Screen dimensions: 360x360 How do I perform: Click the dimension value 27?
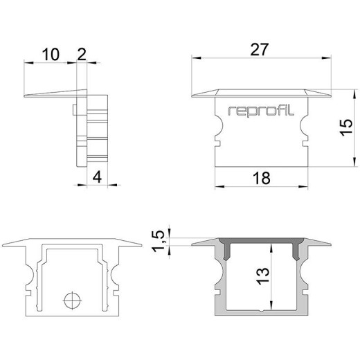(x=260, y=49)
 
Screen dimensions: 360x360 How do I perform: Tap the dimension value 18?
(x=262, y=178)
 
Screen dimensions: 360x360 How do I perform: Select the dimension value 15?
(x=346, y=127)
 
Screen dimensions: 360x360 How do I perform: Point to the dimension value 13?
(x=263, y=276)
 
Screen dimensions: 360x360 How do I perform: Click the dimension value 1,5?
(x=159, y=241)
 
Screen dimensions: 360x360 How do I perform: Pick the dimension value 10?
(x=51, y=55)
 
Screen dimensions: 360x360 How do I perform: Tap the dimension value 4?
(x=97, y=177)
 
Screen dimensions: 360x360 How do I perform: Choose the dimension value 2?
(x=82, y=55)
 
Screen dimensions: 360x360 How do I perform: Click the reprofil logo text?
(x=261, y=111)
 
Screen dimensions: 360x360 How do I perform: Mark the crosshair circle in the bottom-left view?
(x=73, y=300)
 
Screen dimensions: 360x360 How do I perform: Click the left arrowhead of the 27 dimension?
(x=197, y=57)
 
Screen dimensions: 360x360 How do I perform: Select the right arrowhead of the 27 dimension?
(x=326, y=57)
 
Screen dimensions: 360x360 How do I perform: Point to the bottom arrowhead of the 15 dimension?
(x=354, y=161)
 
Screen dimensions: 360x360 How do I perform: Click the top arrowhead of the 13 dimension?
(x=271, y=249)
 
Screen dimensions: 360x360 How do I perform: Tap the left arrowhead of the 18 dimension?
(x=219, y=186)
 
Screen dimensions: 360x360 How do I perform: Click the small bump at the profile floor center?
(x=261, y=311)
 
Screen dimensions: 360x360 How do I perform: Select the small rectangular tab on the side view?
(x=75, y=109)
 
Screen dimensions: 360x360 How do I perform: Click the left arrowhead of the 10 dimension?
(x=29, y=62)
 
